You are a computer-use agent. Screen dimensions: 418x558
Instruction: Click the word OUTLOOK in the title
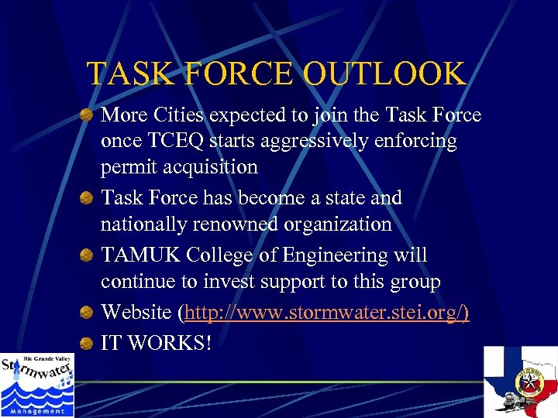[x=384, y=74]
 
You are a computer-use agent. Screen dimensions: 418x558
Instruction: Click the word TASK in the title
[x=125, y=74]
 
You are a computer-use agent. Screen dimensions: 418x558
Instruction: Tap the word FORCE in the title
[x=233, y=74]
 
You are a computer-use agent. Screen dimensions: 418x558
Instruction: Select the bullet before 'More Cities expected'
[x=89, y=116]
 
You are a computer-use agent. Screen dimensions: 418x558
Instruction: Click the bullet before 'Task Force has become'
[x=89, y=199]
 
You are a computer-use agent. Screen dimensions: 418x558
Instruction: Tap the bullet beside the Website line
[x=89, y=313]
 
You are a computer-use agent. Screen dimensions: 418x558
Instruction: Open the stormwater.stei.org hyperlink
[x=324, y=313]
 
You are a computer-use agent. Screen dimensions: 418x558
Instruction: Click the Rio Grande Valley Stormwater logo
[x=36, y=385]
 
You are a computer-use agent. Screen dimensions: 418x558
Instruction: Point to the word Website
[x=136, y=313]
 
